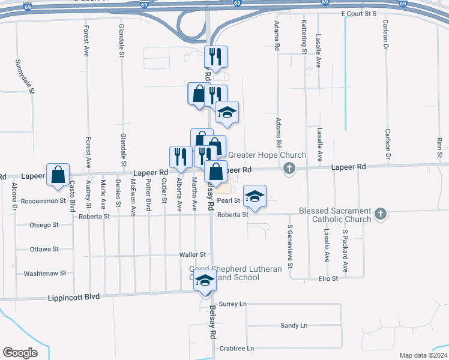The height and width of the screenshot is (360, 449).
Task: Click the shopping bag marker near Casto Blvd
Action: (x=58, y=175)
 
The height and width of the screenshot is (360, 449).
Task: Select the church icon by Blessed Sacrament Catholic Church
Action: (x=380, y=214)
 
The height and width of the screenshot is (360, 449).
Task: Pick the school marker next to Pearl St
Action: (x=255, y=196)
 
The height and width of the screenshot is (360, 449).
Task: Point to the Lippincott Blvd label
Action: (x=75, y=297)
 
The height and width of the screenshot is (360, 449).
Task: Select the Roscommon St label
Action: (x=43, y=201)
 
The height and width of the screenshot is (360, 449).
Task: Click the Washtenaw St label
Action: (x=44, y=274)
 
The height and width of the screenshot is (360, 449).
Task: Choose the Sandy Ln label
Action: (x=294, y=325)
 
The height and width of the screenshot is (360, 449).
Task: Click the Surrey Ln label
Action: (x=233, y=304)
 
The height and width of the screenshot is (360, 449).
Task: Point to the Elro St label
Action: (x=329, y=278)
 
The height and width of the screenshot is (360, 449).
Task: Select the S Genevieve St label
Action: (x=290, y=245)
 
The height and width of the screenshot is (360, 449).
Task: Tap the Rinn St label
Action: (x=440, y=148)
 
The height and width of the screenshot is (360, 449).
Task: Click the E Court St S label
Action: (x=358, y=13)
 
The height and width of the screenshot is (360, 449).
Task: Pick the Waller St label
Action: (x=192, y=255)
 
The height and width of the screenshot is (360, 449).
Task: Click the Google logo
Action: (x=20, y=352)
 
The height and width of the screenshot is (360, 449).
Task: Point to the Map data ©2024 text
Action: (x=423, y=355)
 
